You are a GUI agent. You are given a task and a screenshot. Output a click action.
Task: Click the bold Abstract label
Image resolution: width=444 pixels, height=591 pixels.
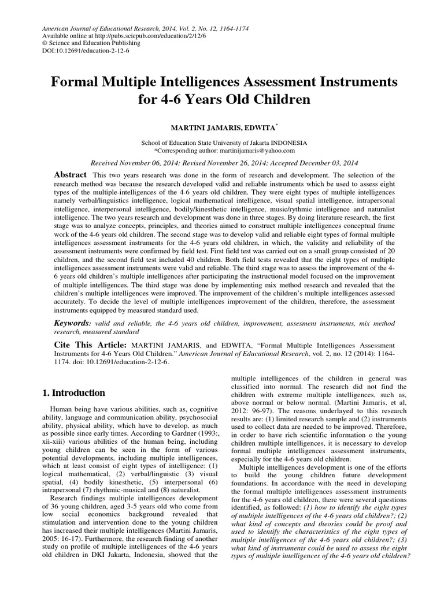pos(70,175)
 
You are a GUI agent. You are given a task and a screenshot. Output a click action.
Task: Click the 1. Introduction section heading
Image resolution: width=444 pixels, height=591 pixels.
pos(74,393)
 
